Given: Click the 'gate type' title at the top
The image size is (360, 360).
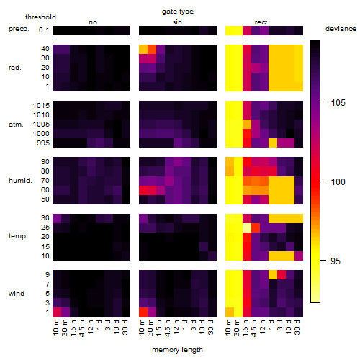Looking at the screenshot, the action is coord(178,12).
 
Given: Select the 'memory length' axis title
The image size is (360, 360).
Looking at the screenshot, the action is coord(177,350).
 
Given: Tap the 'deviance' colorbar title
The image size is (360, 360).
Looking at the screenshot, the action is coord(341,29).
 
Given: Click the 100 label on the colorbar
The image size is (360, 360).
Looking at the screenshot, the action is coord(338,181).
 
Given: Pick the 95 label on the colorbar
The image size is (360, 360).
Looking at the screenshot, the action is coord(336,261).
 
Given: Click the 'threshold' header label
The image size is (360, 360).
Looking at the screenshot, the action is coord(40,17).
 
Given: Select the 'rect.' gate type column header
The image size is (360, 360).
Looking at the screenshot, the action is coord(262,22).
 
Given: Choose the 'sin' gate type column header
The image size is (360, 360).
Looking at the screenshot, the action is coord(177,22).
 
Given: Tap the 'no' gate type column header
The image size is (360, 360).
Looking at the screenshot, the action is coord(93,22).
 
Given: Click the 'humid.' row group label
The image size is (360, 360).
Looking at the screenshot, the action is coord(20,181).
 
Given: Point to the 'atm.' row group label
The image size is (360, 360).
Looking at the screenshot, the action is coord(16,125).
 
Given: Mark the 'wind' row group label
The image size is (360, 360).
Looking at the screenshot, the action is coord(17,294).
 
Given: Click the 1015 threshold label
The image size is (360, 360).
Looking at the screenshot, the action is coord(41,106).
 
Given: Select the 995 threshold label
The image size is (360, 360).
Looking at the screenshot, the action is coord(43,143).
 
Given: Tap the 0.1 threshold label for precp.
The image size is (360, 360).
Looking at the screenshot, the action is coord(44,30).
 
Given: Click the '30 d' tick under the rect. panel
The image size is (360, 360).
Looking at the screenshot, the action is coord(297,327).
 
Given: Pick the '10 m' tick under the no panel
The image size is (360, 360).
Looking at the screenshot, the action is coord(56,327).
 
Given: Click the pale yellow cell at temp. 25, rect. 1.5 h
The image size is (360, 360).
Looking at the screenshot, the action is coord(247,228).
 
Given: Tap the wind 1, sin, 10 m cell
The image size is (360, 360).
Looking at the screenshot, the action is coord(143,312).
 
